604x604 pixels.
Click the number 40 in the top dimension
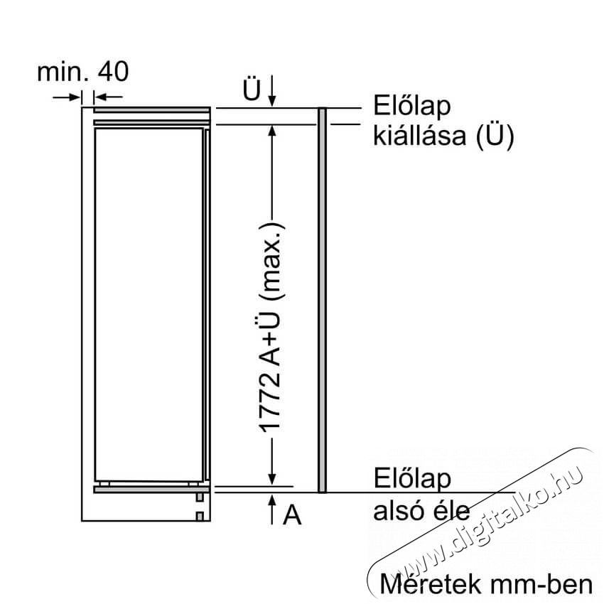tap(113, 72)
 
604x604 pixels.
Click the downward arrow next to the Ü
tap(272, 90)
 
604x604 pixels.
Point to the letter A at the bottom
tap(292, 514)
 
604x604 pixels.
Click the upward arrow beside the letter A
tap(272, 509)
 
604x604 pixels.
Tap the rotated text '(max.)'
tap(272, 262)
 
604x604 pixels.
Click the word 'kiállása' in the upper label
tap(419, 135)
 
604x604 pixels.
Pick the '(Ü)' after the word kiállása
tap(495, 136)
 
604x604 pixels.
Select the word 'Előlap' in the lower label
tap(411, 478)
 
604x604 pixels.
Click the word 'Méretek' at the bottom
tap(431, 584)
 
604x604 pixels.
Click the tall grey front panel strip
tap(323, 300)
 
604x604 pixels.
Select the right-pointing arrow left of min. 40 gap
tap(67, 97)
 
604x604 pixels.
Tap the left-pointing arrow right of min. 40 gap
tap(108, 97)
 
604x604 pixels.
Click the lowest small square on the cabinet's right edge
tap(200, 516)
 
